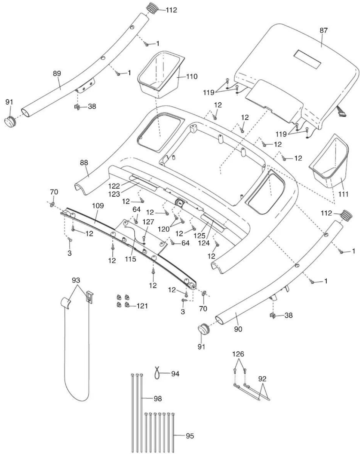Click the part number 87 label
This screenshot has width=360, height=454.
point(323,30)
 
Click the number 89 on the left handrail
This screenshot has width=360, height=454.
point(57,74)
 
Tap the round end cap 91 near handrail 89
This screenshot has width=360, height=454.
point(10,120)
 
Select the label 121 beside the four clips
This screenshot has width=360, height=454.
point(142,306)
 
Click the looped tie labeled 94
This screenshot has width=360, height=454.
point(158,373)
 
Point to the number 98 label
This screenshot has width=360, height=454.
point(158,399)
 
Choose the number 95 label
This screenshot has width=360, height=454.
point(190,436)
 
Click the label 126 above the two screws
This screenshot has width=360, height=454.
point(238,354)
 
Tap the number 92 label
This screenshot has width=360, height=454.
point(262,379)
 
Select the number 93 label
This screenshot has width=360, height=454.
point(76,280)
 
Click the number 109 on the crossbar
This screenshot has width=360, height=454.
point(98,206)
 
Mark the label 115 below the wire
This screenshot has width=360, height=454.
point(130,259)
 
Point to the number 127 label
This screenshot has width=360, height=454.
point(148,222)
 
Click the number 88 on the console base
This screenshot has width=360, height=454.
point(84,163)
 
